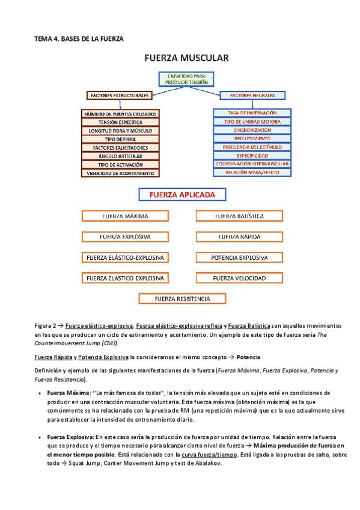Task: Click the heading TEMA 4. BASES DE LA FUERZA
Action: tap(78, 38)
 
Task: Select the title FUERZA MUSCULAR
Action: tap(186, 58)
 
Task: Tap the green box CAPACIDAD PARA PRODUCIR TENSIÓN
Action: tap(187, 78)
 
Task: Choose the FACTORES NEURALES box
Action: tap(252, 95)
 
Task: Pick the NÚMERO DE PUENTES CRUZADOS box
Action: tap(120, 114)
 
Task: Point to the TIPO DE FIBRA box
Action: tap(120, 139)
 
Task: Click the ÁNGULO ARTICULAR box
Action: tap(120, 156)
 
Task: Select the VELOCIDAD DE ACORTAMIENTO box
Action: tap(120, 173)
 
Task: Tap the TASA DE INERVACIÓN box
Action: tap(252, 113)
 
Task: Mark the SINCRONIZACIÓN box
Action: tap(252, 130)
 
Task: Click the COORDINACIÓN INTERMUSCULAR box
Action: tap(252, 164)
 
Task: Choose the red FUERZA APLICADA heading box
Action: tap(182, 195)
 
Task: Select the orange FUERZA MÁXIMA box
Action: tap(125, 216)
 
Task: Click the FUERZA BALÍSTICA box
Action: tap(239, 216)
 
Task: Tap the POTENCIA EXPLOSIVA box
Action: tap(239, 258)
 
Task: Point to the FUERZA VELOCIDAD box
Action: tap(239, 278)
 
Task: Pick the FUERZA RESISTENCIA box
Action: tap(182, 299)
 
